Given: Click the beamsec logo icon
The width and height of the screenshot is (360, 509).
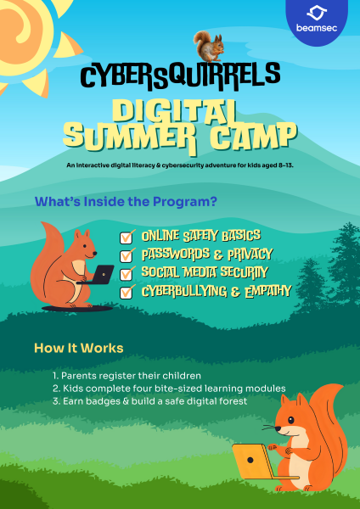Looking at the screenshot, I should coord(318,14).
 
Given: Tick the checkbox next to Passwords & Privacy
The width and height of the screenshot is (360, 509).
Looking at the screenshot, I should coord(128,255).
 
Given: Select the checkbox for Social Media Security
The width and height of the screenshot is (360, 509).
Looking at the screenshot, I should coord(128,273).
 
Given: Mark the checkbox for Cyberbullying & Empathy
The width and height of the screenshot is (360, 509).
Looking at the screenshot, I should coord(128,292).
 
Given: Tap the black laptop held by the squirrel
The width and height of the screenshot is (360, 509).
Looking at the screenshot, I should coord(103,274).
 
